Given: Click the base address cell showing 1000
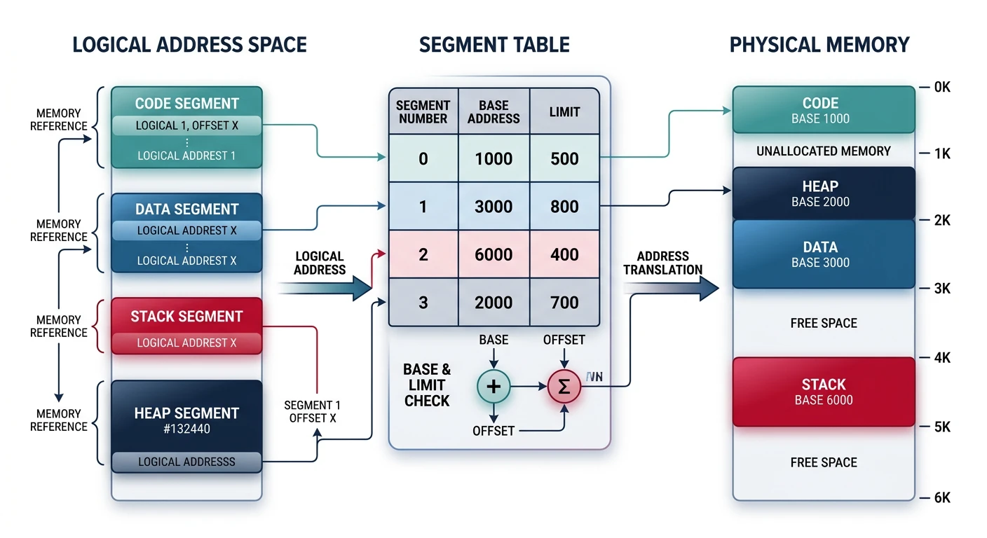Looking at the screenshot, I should pyautogui.click(x=494, y=159).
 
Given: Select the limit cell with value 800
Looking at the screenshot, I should pyautogui.click(x=564, y=207).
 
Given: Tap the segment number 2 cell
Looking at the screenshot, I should pyautogui.click(x=423, y=254).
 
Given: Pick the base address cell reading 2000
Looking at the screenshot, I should pyautogui.click(x=494, y=303).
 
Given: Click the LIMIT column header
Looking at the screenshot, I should pyautogui.click(x=564, y=112).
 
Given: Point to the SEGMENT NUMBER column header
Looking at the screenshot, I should pyautogui.click(x=423, y=112).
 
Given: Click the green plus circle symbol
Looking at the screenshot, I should pyautogui.click(x=494, y=386).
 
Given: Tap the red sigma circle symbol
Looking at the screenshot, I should pyautogui.click(x=564, y=386).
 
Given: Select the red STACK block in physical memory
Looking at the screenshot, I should pyautogui.click(x=824, y=392).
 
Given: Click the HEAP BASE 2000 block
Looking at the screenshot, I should pyautogui.click(x=824, y=193).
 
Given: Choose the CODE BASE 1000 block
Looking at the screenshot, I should pyautogui.click(x=824, y=110).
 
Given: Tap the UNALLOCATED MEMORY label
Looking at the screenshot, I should pyautogui.click(x=824, y=151).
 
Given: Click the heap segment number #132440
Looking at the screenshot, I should pyautogui.click(x=186, y=428).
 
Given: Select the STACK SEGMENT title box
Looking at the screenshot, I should pyautogui.click(x=186, y=317).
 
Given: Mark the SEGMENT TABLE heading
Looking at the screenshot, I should pyautogui.click(x=494, y=45).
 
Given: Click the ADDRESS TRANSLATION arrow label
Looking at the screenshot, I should pyautogui.click(x=662, y=263).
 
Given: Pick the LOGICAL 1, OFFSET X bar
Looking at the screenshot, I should pyautogui.click(x=186, y=125).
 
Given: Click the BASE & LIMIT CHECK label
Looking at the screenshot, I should pyautogui.click(x=427, y=385).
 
